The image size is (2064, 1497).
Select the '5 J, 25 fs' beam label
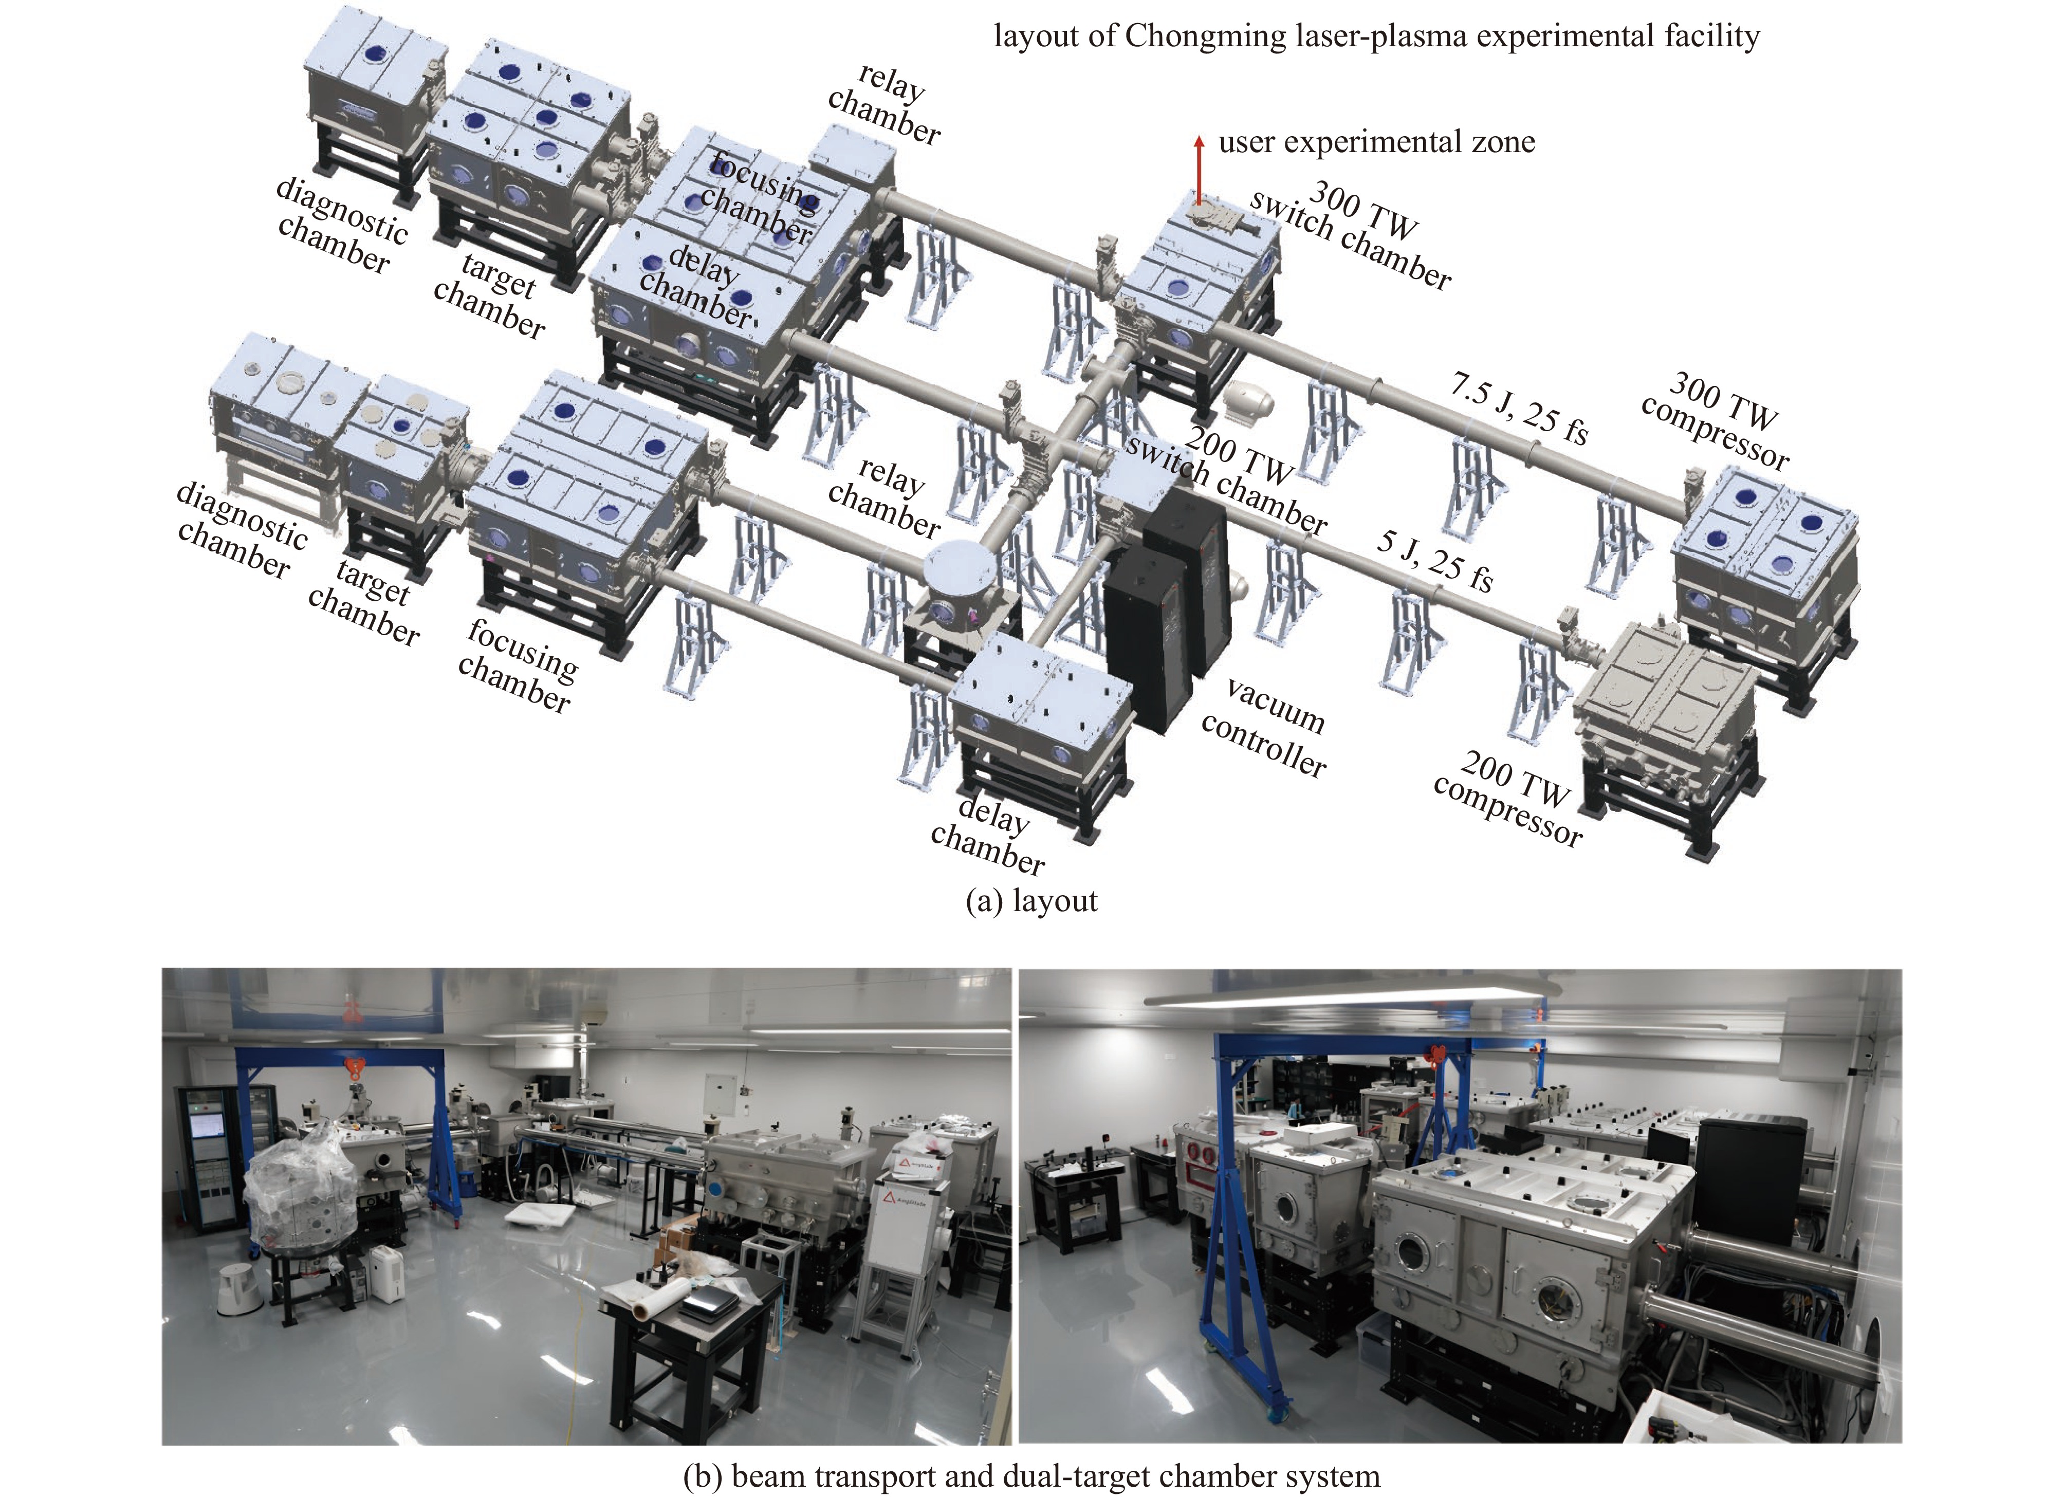tap(1435, 561)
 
